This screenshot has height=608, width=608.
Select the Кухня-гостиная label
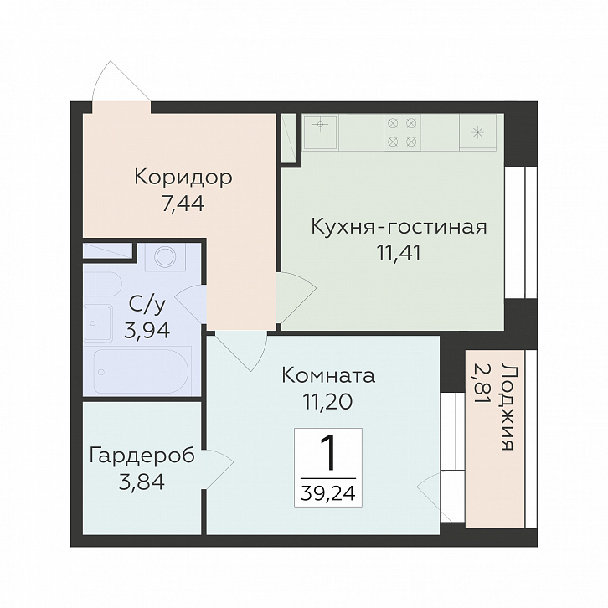pos(398,227)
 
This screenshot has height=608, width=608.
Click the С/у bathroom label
pos(147,304)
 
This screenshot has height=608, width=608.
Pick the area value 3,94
pos(147,329)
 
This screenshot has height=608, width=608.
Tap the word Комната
pos(327,375)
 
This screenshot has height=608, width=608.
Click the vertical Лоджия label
pos(505,408)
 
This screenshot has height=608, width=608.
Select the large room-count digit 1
pos(327,455)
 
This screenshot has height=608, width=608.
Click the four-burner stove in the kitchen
pos(400,132)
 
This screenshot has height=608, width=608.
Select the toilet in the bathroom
pos(106,283)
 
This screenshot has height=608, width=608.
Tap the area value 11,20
pos(327,401)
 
